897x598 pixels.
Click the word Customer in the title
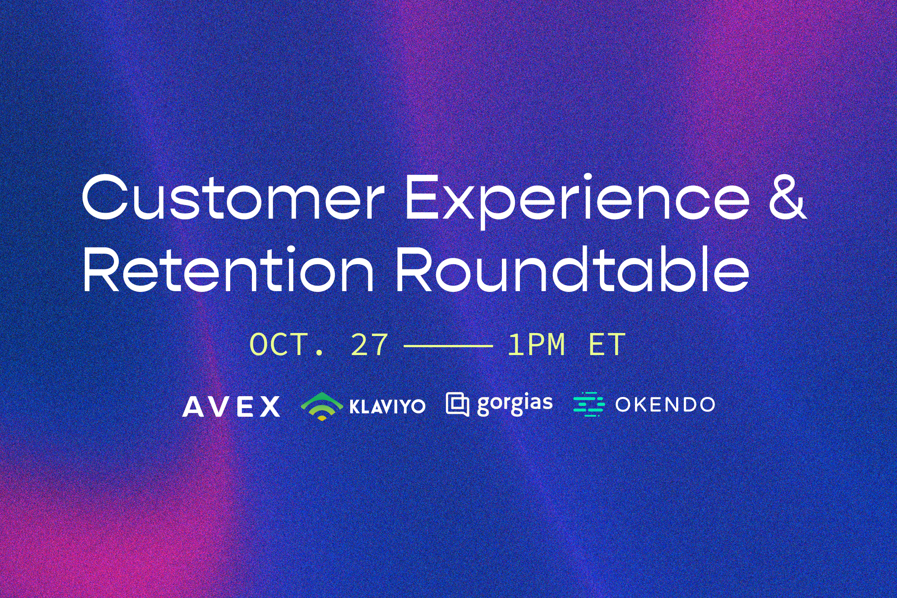pos(233,198)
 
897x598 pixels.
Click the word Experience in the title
pos(577,201)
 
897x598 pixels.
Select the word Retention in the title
pos(227,269)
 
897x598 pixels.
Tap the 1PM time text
pos(536,345)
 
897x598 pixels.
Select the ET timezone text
pos(607,345)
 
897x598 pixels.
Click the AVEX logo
pos(231,407)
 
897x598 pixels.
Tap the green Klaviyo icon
pos(321,407)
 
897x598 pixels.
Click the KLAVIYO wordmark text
pos(387,407)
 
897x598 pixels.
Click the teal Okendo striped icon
pos(589,404)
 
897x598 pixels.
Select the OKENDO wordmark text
pos(665,405)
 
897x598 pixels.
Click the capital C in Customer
pos(104,197)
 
